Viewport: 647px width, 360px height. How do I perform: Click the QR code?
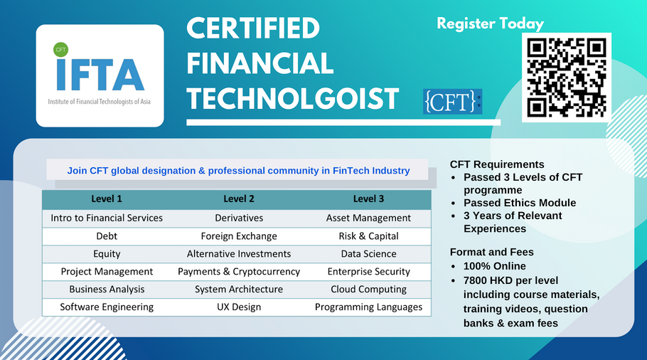tap(567, 78)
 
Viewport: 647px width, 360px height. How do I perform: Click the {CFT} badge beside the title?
tap(451, 101)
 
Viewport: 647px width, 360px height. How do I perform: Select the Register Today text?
tap(490, 23)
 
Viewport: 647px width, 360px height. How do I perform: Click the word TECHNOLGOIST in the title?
tap(292, 99)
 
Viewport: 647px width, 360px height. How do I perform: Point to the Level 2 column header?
tap(238, 198)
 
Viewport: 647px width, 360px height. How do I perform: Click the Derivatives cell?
tap(238, 218)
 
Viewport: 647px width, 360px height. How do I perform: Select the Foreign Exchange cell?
tap(238, 235)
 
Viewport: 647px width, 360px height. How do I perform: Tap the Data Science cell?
tap(368, 253)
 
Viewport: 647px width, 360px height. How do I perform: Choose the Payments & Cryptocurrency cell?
tap(238, 271)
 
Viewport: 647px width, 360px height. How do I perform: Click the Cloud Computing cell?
tap(368, 289)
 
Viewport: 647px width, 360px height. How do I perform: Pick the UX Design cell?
tap(238, 307)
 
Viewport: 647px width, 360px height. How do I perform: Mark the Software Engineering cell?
tap(107, 307)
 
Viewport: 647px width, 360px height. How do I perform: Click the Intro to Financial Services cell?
tap(107, 218)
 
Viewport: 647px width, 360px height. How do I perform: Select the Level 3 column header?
tap(368, 198)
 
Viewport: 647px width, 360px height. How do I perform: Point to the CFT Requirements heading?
tap(497, 164)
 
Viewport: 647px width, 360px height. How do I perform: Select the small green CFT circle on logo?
tap(60, 50)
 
